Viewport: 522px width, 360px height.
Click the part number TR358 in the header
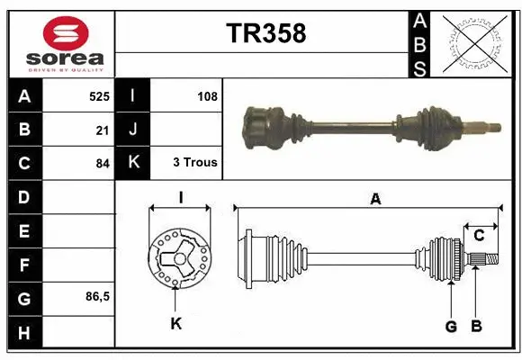(265, 33)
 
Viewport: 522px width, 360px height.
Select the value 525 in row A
(99, 95)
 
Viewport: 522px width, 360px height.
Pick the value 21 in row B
(103, 130)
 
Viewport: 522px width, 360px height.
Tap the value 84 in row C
(102, 164)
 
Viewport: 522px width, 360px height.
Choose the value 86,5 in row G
(96, 296)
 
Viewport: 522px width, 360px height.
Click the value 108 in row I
(206, 95)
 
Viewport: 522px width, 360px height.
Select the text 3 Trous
(194, 163)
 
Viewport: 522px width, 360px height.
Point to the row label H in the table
(23, 333)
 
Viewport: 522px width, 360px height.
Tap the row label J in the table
(133, 130)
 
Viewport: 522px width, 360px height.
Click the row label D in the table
(23, 196)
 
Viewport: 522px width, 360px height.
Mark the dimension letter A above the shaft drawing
(374, 200)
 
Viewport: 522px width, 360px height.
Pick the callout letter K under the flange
(175, 324)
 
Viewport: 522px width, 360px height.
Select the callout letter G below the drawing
(450, 326)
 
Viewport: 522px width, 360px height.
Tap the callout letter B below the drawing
(477, 326)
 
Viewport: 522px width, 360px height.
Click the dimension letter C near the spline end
(479, 236)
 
